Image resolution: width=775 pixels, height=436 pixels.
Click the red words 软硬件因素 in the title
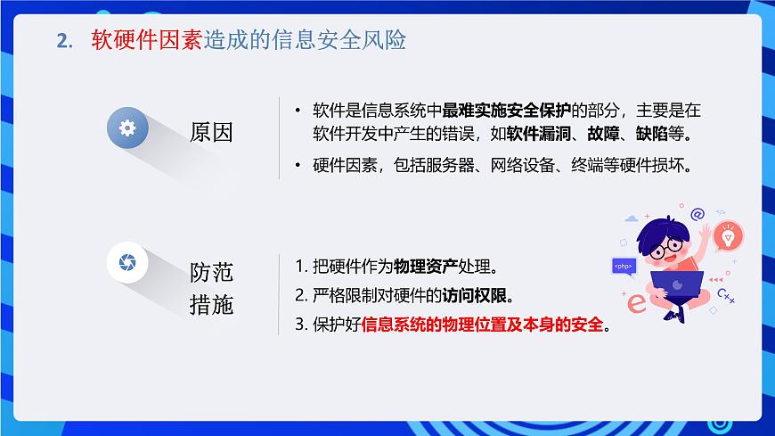(147, 41)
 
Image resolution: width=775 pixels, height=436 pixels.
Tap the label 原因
(211, 132)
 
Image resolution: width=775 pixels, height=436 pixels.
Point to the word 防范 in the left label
(211, 272)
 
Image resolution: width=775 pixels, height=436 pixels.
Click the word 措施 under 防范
(211, 305)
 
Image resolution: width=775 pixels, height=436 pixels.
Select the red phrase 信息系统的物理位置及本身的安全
(482, 325)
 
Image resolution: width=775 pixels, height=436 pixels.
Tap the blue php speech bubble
(624, 266)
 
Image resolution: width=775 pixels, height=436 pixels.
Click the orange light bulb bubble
(728, 236)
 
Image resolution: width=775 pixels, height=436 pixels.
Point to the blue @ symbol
(697, 214)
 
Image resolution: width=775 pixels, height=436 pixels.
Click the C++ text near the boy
(726, 296)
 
